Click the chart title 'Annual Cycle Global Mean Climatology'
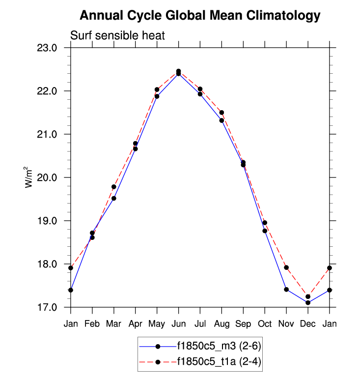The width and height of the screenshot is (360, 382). (x=200, y=16)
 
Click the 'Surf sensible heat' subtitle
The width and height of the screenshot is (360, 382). (x=117, y=36)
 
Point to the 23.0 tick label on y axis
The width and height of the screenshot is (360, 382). (x=48, y=48)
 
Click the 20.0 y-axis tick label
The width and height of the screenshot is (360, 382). (x=48, y=178)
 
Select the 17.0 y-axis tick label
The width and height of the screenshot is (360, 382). (x=48, y=308)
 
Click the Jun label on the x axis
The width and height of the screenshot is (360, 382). (x=178, y=324)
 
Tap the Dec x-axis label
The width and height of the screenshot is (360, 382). (x=308, y=324)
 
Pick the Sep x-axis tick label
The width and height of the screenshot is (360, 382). (x=243, y=324)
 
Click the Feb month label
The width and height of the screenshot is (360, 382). (x=92, y=324)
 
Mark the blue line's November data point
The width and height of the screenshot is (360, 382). (x=286, y=290)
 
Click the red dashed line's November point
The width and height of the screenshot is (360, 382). (x=286, y=267)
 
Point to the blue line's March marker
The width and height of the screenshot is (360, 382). (x=114, y=199)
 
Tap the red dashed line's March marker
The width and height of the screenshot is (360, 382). (x=114, y=187)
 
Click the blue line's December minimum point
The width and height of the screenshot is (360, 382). (x=308, y=303)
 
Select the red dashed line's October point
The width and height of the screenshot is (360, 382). (x=265, y=223)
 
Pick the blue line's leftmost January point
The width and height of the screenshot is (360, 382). (x=71, y=290)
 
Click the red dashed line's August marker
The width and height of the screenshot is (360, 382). (x=222, y=113)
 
